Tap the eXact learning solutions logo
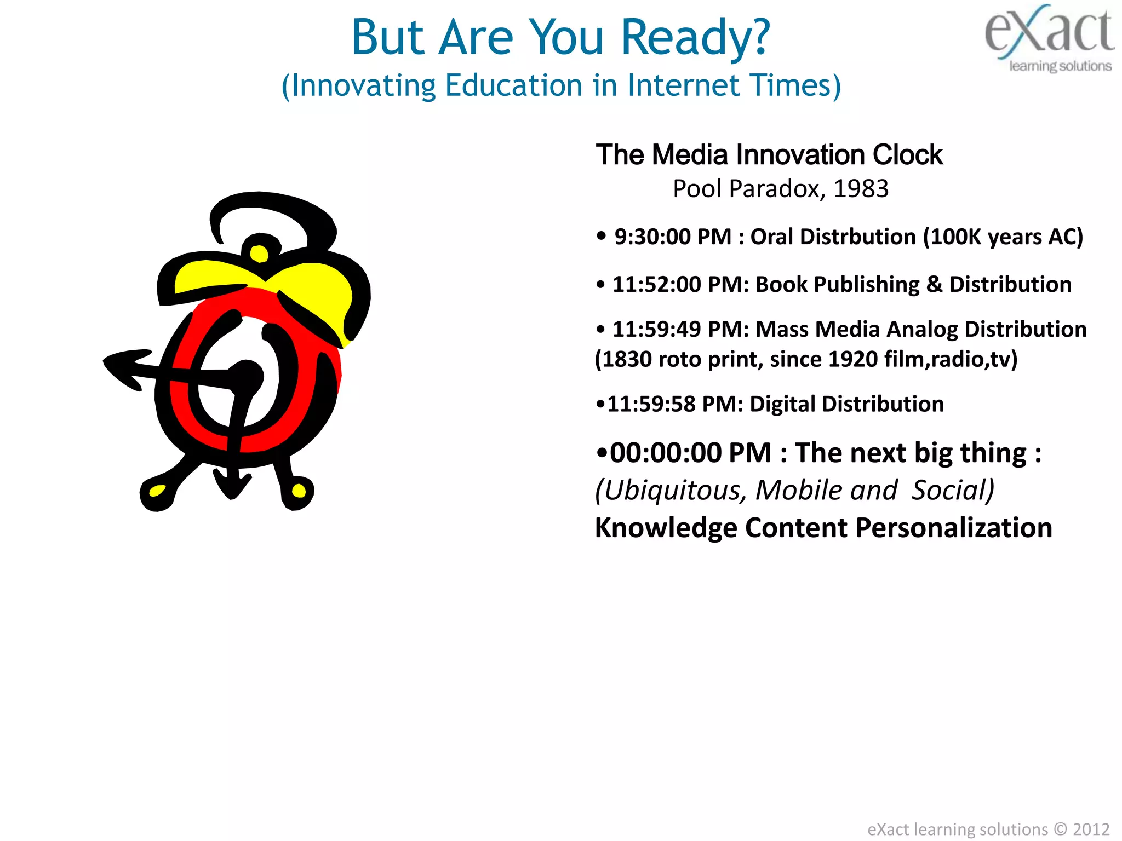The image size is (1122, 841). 1049,38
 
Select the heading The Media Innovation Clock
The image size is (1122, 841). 769,155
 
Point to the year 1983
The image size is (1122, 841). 861,189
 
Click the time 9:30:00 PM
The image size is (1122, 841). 672,237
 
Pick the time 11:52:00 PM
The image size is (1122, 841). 680,285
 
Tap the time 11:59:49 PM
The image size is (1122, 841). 680,330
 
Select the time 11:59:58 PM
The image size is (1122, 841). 674,404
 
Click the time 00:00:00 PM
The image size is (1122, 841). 690,453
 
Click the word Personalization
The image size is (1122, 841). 953,528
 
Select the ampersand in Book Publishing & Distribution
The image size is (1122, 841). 934,285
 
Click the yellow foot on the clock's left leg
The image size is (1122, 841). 157,491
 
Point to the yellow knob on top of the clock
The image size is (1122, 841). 259,253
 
